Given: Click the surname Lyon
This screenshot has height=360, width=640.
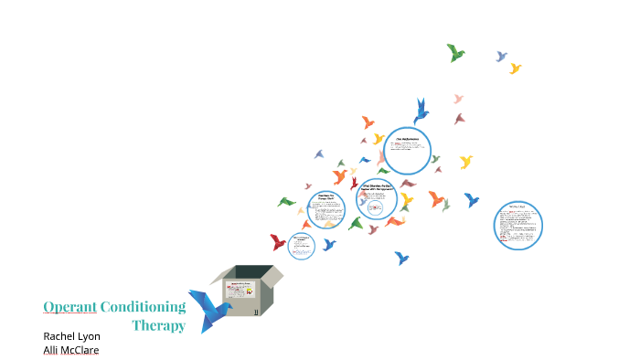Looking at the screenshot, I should point(90,336).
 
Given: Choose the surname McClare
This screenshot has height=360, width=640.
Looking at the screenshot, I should point(80,349).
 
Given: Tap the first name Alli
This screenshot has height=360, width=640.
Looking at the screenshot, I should point(51,349).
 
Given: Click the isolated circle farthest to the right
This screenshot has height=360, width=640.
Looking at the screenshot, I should point(518,225).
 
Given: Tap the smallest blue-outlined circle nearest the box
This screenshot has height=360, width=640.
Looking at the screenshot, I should point(301,245).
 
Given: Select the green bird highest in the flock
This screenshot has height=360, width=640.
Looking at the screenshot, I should point(455,53).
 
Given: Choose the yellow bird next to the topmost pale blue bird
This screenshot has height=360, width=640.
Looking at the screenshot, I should point(516,69).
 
